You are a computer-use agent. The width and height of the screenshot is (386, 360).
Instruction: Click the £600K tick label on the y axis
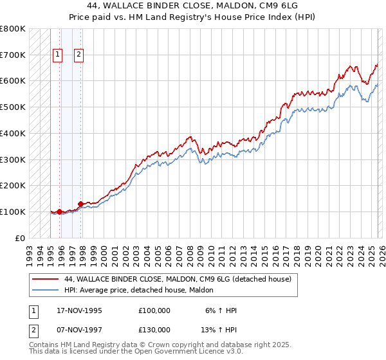coord(13,81)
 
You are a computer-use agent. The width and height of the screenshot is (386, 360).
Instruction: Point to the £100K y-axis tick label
coord(13,212)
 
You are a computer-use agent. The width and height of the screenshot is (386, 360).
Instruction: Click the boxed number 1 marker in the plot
coord(58,55)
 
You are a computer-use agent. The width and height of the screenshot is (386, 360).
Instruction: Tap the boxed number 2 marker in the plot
coord(78,55)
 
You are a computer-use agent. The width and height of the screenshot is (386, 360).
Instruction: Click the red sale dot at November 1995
coord(59,212)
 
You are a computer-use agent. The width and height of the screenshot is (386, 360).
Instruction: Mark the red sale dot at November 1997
coord(80,204)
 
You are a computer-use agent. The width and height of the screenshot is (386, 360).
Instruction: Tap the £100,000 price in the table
coord(154,310)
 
